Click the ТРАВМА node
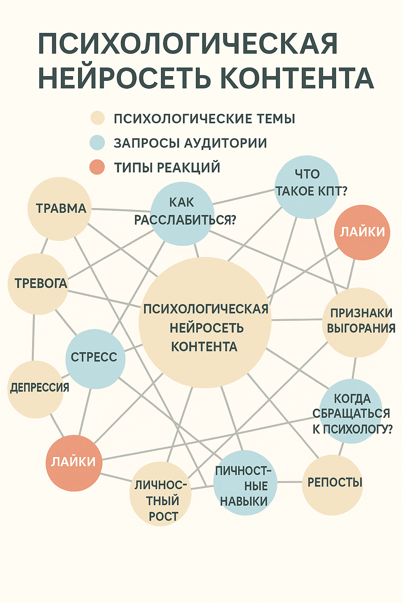click(x=59, y=208)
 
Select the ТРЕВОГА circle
click(x=38, y=283)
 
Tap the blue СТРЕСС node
click(x=95, y=358)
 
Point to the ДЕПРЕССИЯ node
click(x=36, y=389)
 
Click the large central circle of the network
click(x=205, y=323)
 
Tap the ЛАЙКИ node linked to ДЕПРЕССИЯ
click(x=74, y=463)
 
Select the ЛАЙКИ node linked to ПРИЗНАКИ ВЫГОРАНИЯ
click(x=362, y=232)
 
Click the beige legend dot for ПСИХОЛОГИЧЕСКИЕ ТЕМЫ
click(x=97, y=118)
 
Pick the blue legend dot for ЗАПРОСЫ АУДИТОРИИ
click(x=97, y=143)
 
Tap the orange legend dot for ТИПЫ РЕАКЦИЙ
click(x=97, y=167)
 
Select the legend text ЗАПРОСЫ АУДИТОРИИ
click(x=190, y=143)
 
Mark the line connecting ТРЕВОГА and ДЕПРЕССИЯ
click(x=33, y=338)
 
